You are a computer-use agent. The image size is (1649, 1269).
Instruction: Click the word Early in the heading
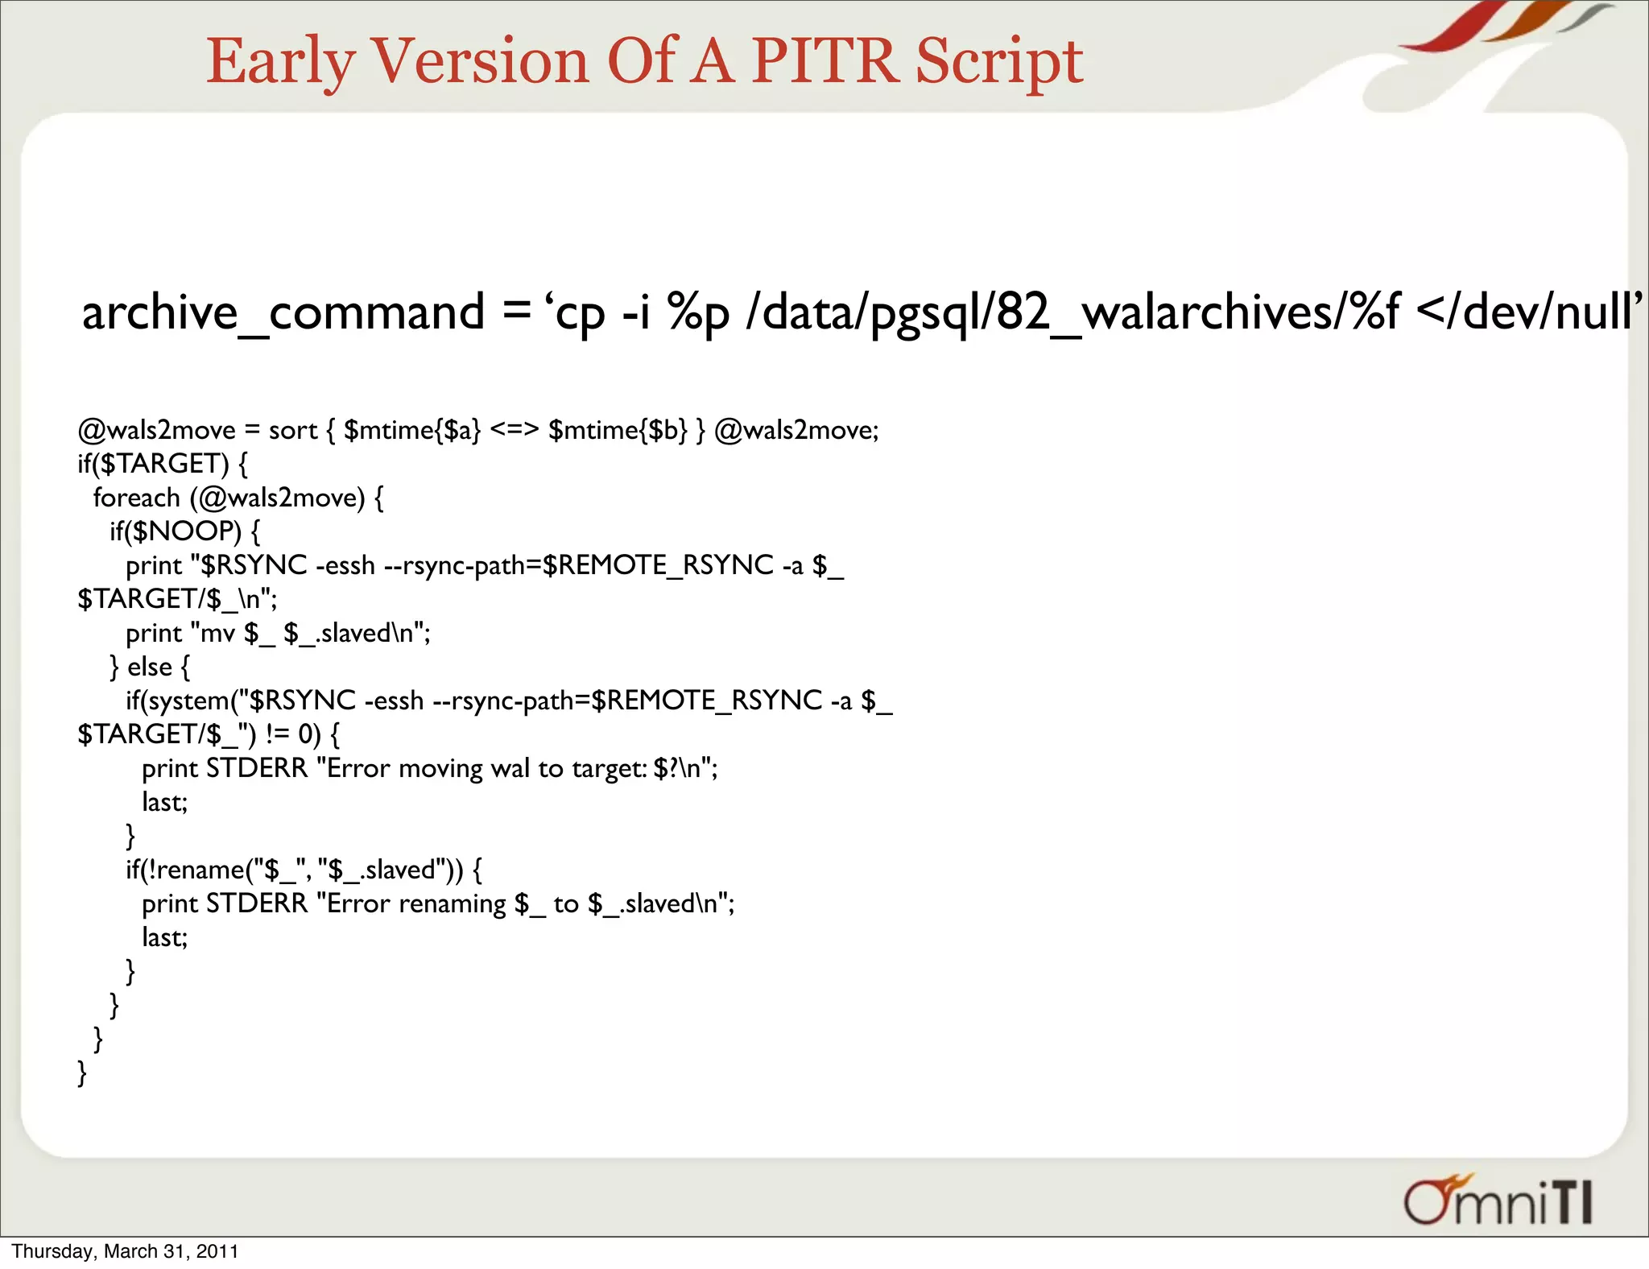pos(280,63)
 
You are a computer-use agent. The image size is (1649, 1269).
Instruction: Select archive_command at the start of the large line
pos(283,312)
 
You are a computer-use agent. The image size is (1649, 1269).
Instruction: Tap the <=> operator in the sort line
pos(514,430)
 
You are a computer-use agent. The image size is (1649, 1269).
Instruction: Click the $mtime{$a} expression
pos(411,431)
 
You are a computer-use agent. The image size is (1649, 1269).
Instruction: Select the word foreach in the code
pos(136,498)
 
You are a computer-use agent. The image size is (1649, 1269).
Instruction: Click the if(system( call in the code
pos(185,701)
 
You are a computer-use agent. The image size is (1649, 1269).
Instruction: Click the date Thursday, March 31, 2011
pos(125,1251)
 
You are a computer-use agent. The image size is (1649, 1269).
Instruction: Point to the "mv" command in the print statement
pos(217,634)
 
